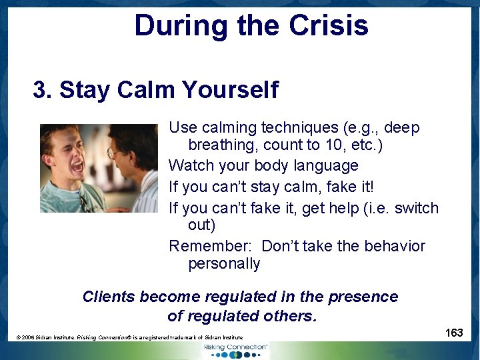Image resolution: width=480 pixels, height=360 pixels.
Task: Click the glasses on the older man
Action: click(x=113, y=153)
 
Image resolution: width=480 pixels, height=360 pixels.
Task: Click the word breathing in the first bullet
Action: click(x=223, y=145)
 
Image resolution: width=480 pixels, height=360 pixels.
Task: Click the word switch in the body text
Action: click(x=417, y=208)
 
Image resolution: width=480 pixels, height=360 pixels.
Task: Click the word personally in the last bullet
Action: click(x=224, y=263)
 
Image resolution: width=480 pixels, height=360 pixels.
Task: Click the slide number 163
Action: click(x=454, y=333)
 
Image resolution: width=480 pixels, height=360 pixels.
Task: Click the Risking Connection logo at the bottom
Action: click(x=236, y=349)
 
